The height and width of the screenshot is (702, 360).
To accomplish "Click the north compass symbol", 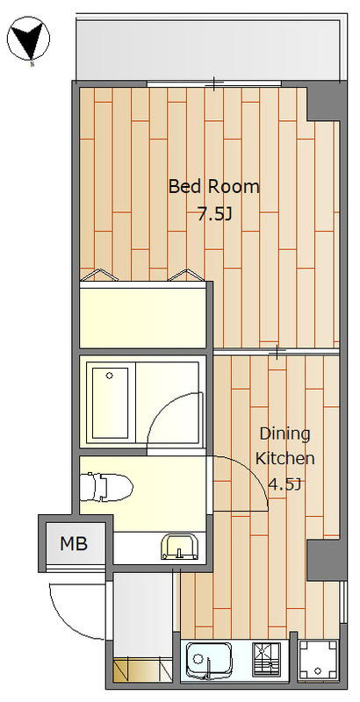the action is (29, 39).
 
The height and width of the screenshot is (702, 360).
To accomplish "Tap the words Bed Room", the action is (213, 186).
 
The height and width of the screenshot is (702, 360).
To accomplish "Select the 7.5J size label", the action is (215, 215).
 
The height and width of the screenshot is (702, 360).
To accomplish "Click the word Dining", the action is (284, 435).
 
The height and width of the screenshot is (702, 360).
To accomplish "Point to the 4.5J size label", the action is (284, 484).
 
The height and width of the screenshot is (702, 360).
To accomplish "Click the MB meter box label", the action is (74, 543).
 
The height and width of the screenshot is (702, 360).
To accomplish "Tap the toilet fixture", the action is (105, 486).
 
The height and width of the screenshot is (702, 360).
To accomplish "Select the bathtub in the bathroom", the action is (110, 403).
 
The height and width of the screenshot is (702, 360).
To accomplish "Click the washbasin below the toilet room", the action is (178, 546).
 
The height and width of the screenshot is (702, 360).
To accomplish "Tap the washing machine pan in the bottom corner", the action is (318, 660).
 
